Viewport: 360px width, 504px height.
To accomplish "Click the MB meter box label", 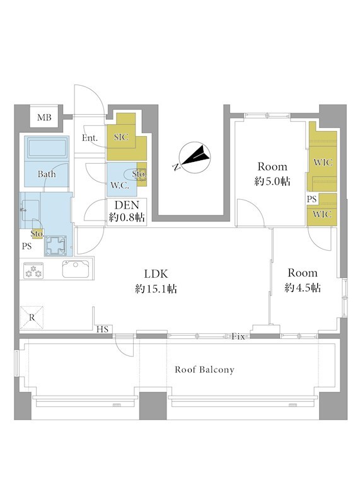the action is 44,118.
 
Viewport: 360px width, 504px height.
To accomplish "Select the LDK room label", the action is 156,274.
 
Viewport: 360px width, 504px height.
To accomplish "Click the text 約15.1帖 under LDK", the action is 156,289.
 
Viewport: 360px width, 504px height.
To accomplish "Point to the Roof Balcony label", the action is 204,370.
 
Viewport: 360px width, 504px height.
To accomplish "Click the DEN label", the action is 127,205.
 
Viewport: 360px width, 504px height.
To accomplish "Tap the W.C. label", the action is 120,185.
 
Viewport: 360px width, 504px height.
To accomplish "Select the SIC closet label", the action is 121,137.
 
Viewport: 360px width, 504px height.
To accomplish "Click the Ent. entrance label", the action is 90,138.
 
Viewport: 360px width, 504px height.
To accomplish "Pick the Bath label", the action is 47,175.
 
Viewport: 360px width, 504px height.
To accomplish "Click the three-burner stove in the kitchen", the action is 34,271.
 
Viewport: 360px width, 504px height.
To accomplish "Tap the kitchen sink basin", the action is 76,269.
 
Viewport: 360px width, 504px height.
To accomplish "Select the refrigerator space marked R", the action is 32,318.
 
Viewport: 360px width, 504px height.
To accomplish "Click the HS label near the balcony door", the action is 103,329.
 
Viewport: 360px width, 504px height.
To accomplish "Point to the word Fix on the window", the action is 238,336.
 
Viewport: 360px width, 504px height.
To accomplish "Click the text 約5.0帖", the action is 272,181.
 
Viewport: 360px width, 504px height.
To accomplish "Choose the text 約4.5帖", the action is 303,288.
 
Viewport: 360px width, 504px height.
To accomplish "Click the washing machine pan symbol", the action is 55,246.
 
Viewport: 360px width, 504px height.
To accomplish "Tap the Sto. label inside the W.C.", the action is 139,174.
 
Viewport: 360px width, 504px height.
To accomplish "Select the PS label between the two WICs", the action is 311,199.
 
